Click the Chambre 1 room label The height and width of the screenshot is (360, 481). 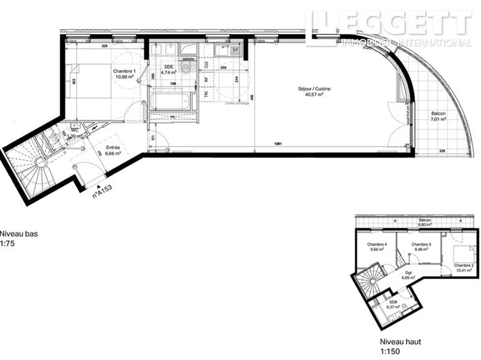click(125, 75)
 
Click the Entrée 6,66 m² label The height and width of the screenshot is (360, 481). click(113, 151)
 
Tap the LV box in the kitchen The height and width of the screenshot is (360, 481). click(235, 50)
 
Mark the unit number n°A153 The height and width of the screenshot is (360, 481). click(102, 190)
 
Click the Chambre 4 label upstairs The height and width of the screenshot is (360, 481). click(377, 247)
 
